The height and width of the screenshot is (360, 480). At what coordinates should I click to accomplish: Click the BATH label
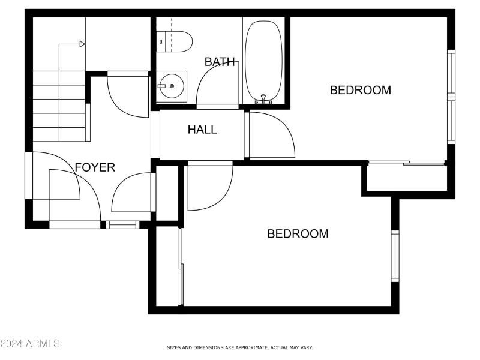point(220,62)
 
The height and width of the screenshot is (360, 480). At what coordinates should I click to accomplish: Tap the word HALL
point(202,130)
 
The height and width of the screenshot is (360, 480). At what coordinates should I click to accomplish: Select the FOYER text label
point(95,167)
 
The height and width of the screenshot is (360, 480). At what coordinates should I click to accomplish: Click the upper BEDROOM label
point(361,91)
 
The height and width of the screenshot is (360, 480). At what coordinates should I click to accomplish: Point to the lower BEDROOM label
point(298,234)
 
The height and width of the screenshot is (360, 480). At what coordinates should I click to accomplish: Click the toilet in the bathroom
point(175,41)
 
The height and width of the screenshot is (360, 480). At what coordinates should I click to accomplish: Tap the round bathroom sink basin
point(172,86)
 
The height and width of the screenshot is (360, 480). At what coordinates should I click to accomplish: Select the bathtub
point(263,60)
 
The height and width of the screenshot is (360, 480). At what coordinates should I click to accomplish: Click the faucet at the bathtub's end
point(263,99)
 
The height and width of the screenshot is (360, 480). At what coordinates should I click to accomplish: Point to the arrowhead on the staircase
point(82,44)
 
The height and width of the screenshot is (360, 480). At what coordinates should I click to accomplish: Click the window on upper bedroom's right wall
point(451,96)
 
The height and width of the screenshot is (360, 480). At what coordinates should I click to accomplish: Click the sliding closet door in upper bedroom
point(407,163)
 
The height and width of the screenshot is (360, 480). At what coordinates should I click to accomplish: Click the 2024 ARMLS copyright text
point(30,344)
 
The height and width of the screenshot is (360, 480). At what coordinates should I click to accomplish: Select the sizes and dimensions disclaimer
point(239,347)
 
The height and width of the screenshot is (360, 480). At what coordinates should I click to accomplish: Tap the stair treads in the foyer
point(58,106)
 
